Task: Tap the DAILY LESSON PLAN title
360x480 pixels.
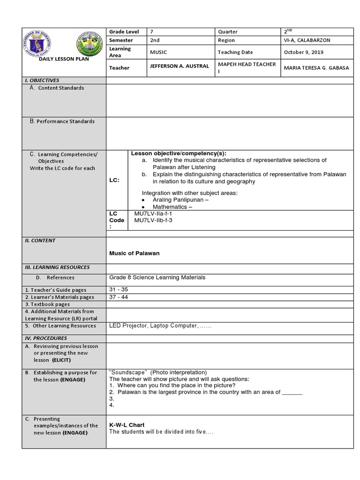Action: (64, 59)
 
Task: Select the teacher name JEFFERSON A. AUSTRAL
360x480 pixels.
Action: (179, 66)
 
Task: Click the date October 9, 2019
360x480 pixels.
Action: (303, 52)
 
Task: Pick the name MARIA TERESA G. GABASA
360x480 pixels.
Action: (316, 67)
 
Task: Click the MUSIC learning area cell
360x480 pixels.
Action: (158, 52)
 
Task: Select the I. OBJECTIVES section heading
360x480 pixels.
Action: (42, 81)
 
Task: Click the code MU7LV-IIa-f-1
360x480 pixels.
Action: (153, 213)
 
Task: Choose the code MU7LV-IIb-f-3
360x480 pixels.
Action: (153, 220)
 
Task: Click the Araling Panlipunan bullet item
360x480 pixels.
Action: (180, 200)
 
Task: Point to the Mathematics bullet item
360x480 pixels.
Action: (172, 207)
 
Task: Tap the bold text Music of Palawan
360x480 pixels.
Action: (134, 253)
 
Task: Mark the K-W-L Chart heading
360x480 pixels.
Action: (127, 425)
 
